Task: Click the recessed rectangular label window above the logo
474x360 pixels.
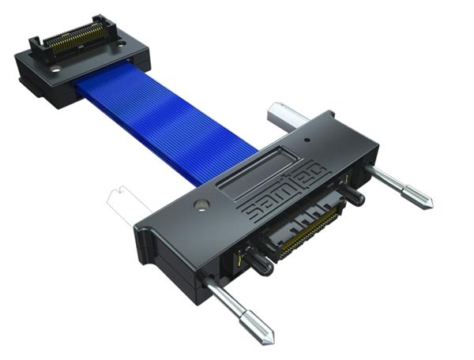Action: [x=259, y=173]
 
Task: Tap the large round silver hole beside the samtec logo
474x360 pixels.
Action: [x=201, y=204]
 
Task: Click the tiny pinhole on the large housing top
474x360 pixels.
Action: [x=307, y=140]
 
